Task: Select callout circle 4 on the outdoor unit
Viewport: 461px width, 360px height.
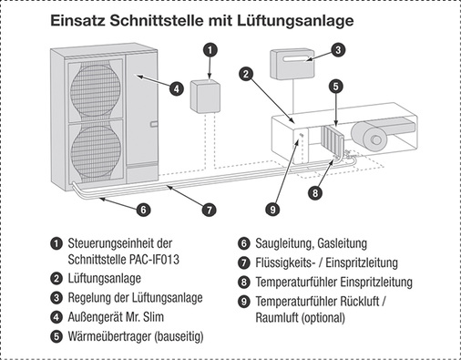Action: click(177, 89)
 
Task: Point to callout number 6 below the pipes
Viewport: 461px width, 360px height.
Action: click(143, 209)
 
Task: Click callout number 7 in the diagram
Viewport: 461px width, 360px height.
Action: click(209, 210)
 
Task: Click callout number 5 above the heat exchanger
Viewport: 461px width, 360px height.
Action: click(336, 87)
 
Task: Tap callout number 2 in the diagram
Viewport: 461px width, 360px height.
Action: click(245, 73)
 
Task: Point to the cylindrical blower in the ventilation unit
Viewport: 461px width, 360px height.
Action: click(375, 135)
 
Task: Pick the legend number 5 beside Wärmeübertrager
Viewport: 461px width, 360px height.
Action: click(56, 336)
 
